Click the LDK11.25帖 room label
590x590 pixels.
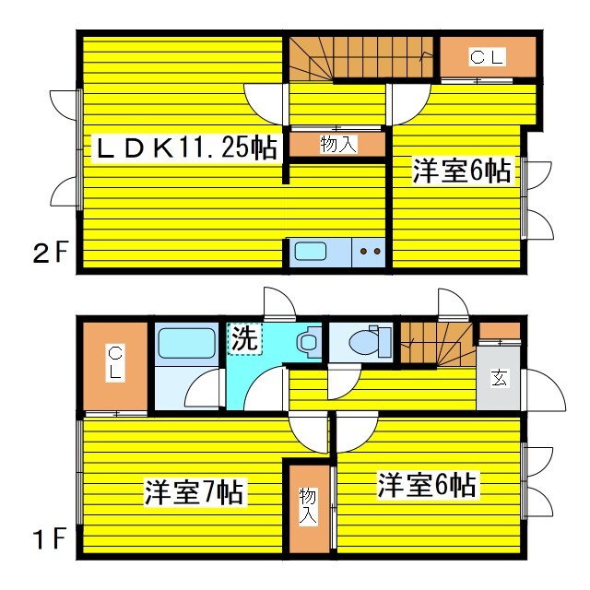(x=185, y=147)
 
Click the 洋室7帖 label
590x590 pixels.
(x=194, y=492)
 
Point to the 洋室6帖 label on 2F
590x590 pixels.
(x=461, y=171)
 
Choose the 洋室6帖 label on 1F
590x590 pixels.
(x=426, y=485)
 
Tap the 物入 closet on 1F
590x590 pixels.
(x=307, y=508)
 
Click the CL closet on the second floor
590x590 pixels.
(x=487, y=58)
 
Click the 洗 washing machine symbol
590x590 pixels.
(x=243, y=338)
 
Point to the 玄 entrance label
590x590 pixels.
(x=498, y=377)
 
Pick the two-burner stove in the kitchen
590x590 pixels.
(x=370, y=251)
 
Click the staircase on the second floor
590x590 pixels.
(x=360, y=58)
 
